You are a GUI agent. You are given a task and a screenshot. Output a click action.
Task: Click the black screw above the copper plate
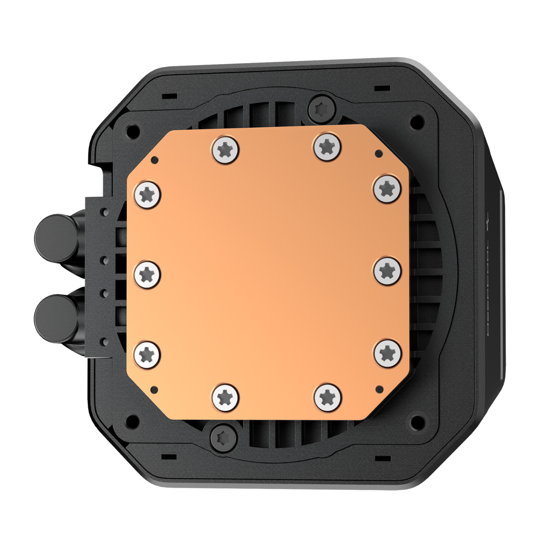(x=322, y=108)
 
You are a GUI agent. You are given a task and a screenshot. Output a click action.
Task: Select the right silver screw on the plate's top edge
(x=327, y=147)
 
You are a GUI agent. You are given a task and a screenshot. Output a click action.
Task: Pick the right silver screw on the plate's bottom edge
(x=327, y=397)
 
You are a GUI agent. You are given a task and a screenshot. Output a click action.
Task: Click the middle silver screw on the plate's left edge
(x=147, y=274)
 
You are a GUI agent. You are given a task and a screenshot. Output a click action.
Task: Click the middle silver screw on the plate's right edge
(x=387, y=270)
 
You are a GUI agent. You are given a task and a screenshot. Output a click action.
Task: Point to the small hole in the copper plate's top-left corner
(x=155, y=159)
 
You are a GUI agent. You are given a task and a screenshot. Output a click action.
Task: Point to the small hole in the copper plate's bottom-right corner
(x=379, y=389)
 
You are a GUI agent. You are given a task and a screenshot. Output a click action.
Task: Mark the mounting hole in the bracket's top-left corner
(x=133, y=129)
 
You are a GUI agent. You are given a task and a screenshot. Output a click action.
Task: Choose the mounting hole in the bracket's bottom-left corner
(x=133, y=420)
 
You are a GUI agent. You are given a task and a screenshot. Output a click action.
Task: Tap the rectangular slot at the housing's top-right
(x=382, y=88)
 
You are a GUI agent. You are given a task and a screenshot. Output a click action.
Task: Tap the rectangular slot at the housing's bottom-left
(x=169, y=456)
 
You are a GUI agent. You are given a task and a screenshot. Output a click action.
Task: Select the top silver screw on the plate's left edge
(x=147, y=194)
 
